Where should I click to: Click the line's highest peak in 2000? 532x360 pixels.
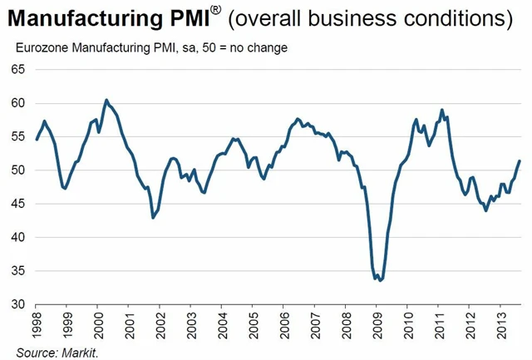[x=106, y=100]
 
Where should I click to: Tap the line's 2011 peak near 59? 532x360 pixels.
[x=442, y=110]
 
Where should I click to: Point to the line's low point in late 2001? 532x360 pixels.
[x=153, y=218]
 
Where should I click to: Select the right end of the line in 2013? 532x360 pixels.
[x=520, y=160]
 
